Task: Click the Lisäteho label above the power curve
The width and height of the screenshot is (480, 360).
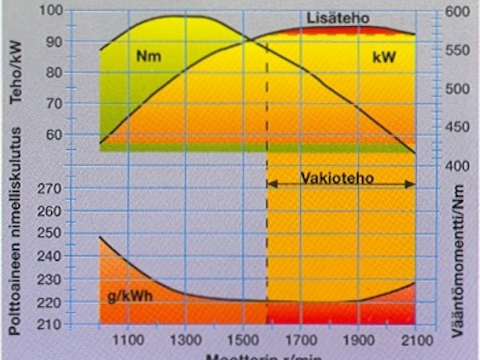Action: (x=338, y=19)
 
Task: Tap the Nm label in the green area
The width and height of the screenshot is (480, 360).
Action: (x=149, y=56)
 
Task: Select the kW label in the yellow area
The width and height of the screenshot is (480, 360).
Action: (x=384, y=57)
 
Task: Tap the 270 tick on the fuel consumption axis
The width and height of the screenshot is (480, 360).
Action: (x=50, y=189)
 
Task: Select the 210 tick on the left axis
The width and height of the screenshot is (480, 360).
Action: (x=50, y=325)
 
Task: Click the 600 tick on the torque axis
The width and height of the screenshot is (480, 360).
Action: (x=457, y=12)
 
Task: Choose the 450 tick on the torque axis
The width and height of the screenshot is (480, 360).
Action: (x=457, y=127)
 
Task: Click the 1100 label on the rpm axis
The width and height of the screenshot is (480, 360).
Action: (x=129, y=342)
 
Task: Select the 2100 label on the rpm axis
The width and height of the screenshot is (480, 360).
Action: (x=416, y=342)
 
